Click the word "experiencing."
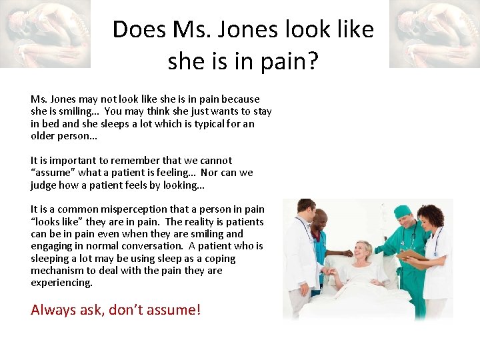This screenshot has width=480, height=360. click(61, 283)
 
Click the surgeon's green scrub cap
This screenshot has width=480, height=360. click(404, 211)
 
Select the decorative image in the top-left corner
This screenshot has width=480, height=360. click(45, 33)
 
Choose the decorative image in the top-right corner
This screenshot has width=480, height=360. click(434, 33)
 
